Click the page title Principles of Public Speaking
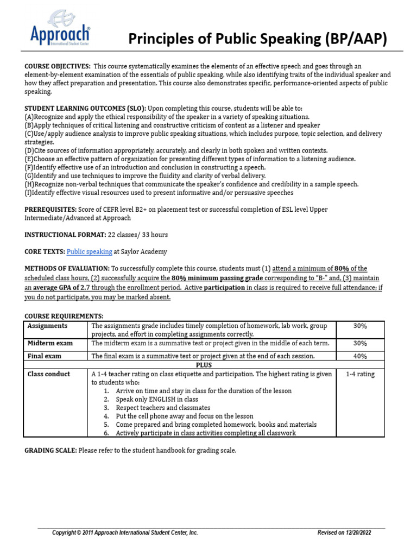257,40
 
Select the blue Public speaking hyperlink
89,251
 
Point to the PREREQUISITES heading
51,209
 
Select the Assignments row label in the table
47,326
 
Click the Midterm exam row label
50,343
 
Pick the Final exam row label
45,356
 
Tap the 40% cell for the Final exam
359,356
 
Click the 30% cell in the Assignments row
359,326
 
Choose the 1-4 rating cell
359,374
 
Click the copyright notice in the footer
125,533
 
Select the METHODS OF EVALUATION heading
67,268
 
